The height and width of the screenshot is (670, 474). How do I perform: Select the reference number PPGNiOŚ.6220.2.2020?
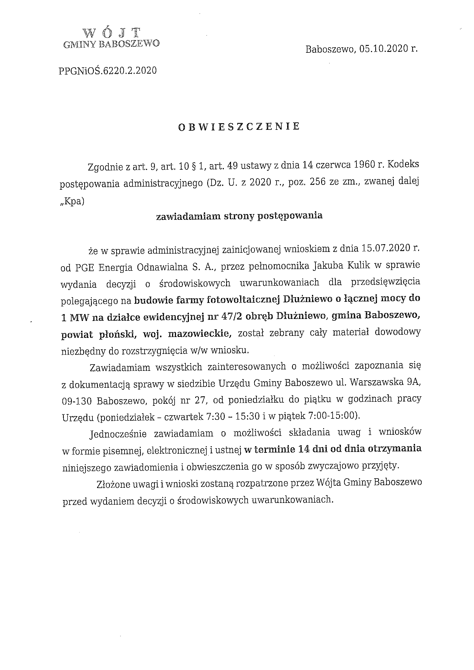[x=108, y=71]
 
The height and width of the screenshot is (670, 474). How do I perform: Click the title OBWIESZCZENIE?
[x=239, y=126]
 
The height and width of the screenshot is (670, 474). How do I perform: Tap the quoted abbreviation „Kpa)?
[x=72, y=202]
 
